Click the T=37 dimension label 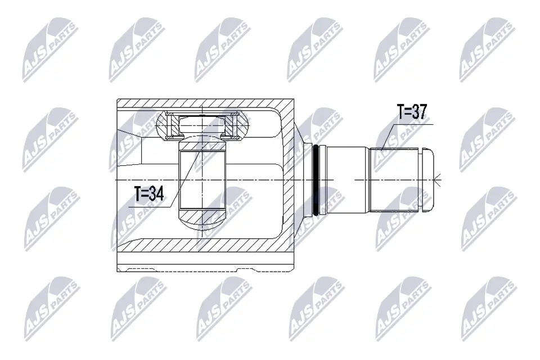412,112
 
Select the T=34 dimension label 148,195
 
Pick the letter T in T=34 138,195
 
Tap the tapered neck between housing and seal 305,180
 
